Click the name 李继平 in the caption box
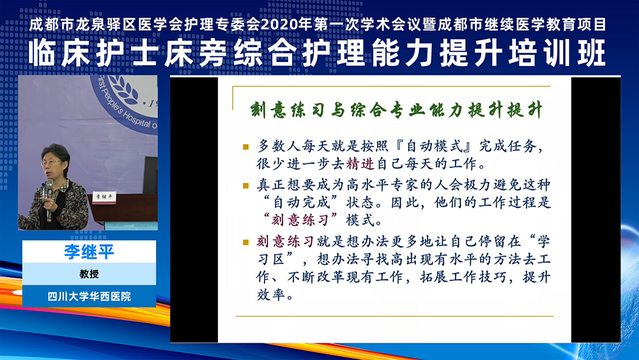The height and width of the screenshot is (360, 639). pos(89,251)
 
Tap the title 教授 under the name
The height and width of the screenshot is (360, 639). pos(89,274)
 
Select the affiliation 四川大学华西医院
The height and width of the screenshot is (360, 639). pos(89,297)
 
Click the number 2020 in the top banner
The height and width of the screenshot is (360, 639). pos(277,24)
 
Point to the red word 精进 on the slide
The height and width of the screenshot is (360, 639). pos(360,164)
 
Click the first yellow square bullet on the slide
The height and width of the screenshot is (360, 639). pos(245,146)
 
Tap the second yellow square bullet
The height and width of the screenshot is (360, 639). pos(245,185)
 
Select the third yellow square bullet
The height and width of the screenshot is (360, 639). pos(245,242)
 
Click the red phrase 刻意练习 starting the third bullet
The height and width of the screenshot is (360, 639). pos(285,242)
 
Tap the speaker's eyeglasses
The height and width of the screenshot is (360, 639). pos(50,163)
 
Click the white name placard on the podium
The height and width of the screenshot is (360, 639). pos(104,198)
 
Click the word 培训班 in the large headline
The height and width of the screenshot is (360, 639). pos(558,54)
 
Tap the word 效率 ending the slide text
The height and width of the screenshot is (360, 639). pos(270,294)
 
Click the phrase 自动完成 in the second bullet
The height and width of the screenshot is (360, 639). pos(301,203)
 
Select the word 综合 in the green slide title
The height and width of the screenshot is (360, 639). pos(369,111)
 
